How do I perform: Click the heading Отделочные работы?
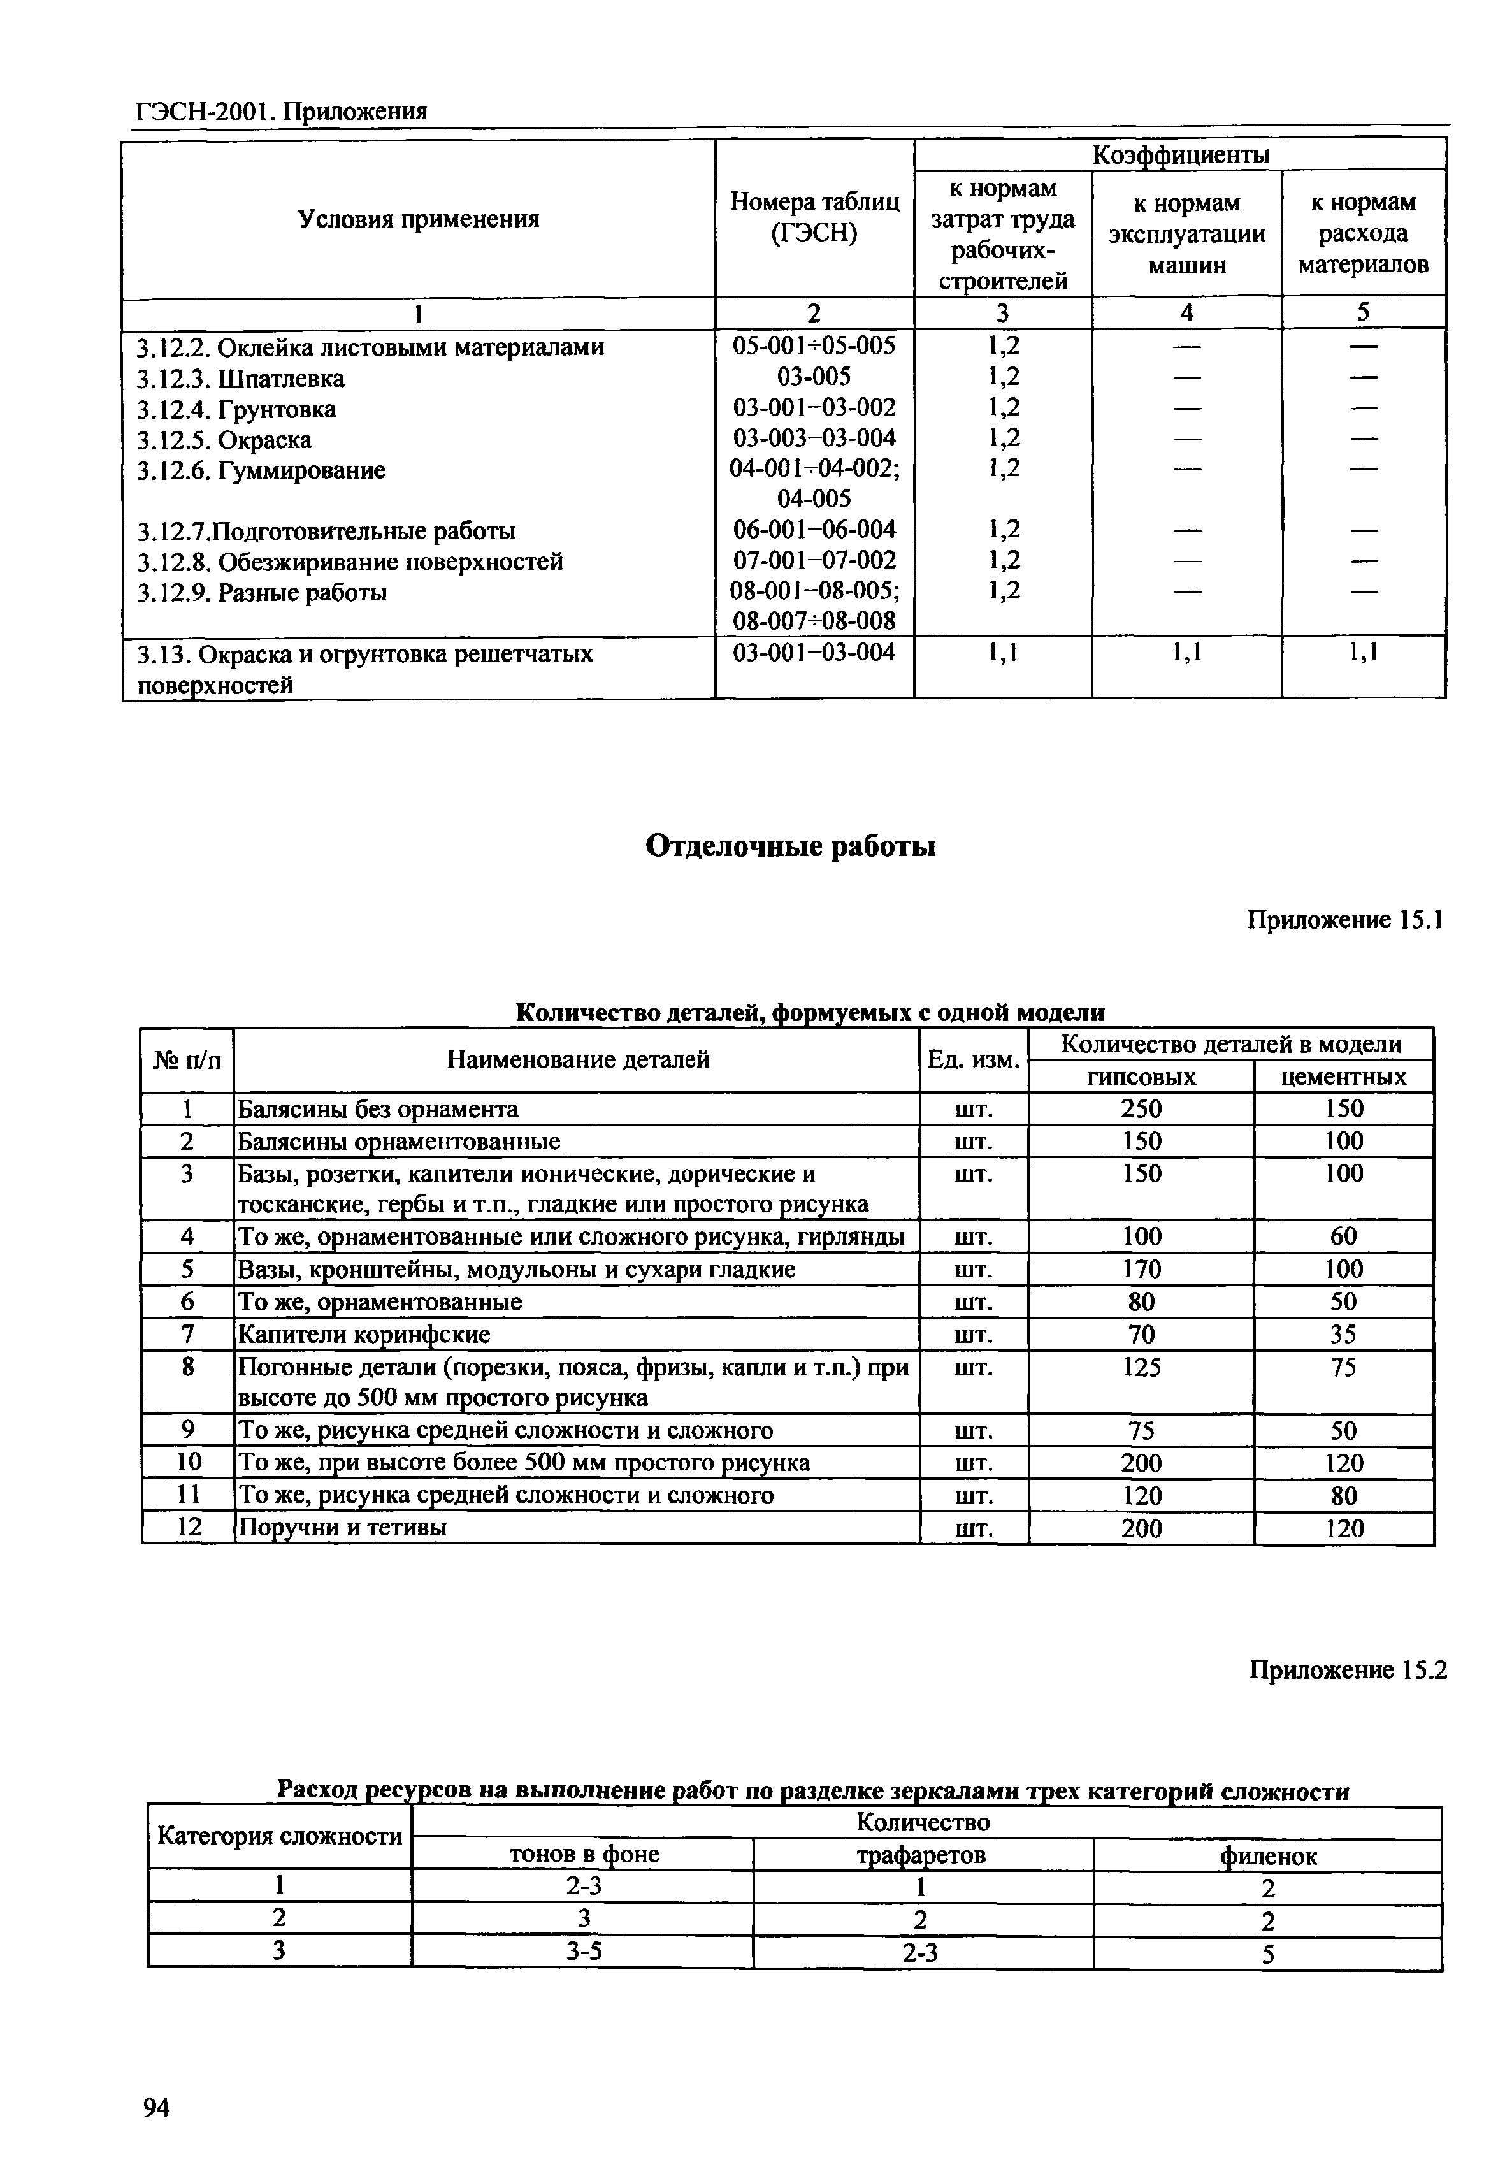point(790,846)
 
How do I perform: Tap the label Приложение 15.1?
point(1344,920)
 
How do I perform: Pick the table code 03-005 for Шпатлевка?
point(814,377)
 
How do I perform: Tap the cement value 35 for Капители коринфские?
point(1343,1334)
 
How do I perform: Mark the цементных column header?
point(1343,1077)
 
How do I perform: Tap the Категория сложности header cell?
point(279,1837)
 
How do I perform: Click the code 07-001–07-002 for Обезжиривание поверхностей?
point(814,560)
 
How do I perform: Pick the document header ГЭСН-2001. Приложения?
point(281,112)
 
